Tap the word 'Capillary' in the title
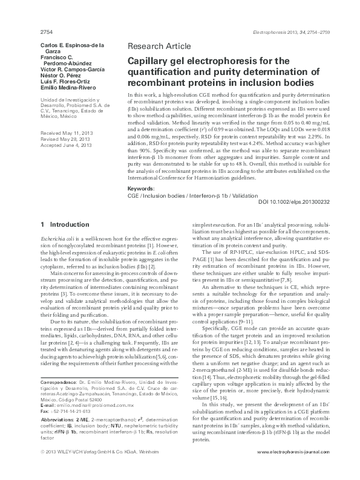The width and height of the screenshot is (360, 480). (149, 61)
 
